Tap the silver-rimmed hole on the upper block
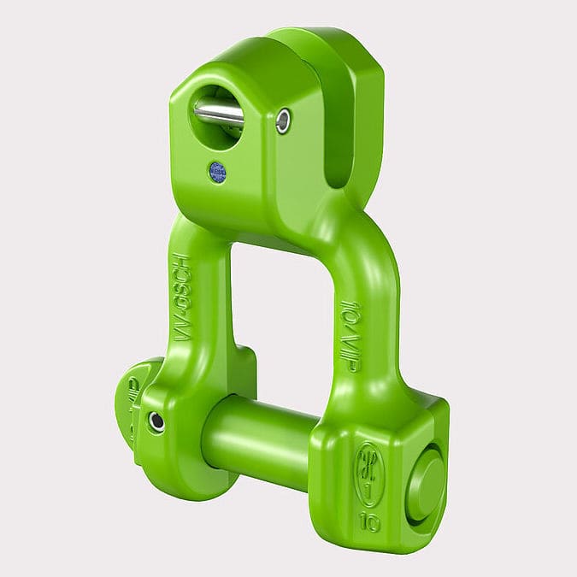point(283,121)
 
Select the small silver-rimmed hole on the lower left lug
point(156,421)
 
